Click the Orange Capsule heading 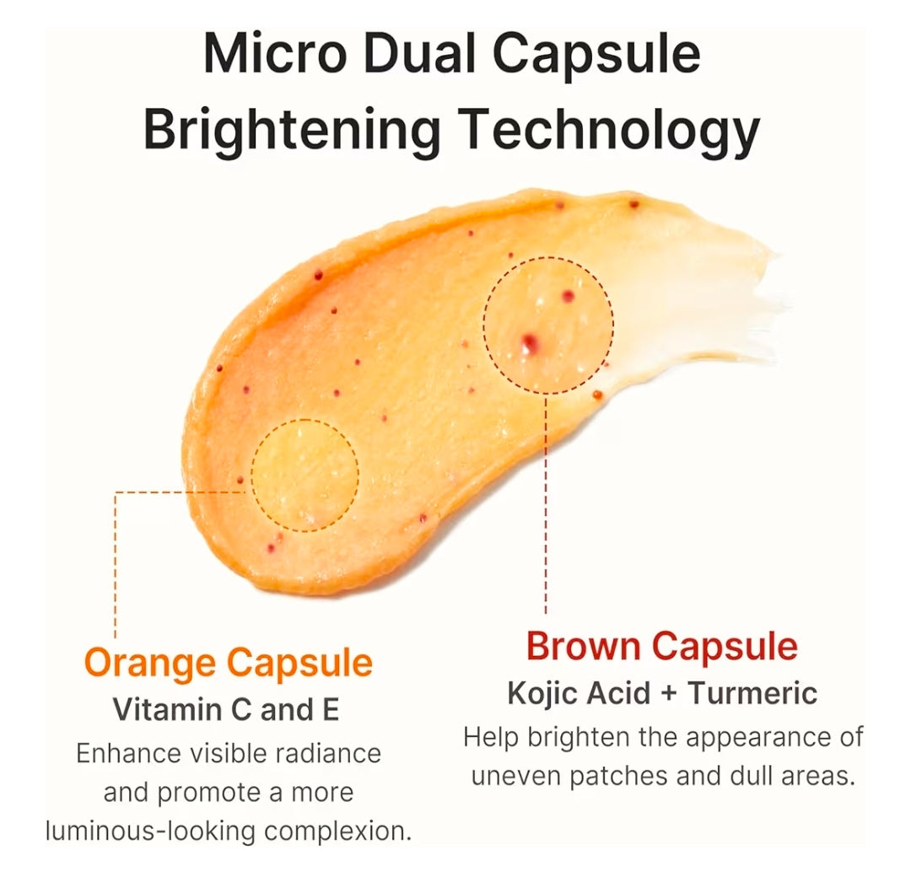click(229, 663)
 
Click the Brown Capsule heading click(661, 647)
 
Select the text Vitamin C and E click(226, 709)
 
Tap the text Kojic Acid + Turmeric click(661, 693)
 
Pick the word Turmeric click(752, 693)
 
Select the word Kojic click(543, 693)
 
